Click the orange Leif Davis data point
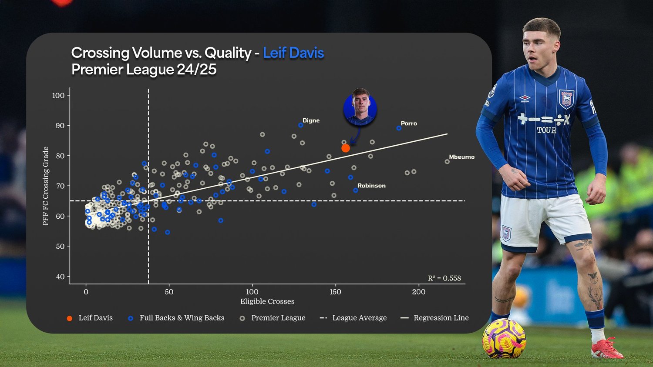pyautogui.click(x=346, y=148)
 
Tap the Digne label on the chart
pyautogui.click(x=311, y=120)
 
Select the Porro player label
pyautogui.click(x=409, y=123)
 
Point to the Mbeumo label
pyautogui.click(x=461, y=157)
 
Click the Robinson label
pyautogui.click(x=371, y=186)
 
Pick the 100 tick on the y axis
pyautogui.click(x=58, y=96)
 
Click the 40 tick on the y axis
pyautogui.click(x=60, y=277)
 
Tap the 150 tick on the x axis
pyautogui.click(x=335, y=292)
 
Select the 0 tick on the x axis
pyautogui.click(x=86, y=292)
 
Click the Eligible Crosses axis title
pyautogui.click(x=267, y=301)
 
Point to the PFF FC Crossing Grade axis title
pyautogui.click(x=46, y=186)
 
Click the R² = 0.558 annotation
pyautogui.click(x=444, y=278)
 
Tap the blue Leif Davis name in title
pyautogui.click(x=293, y=53)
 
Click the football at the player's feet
pyautogui.click(x=504, y=338)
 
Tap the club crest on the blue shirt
pyautogui.click(x=566, y=99)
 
